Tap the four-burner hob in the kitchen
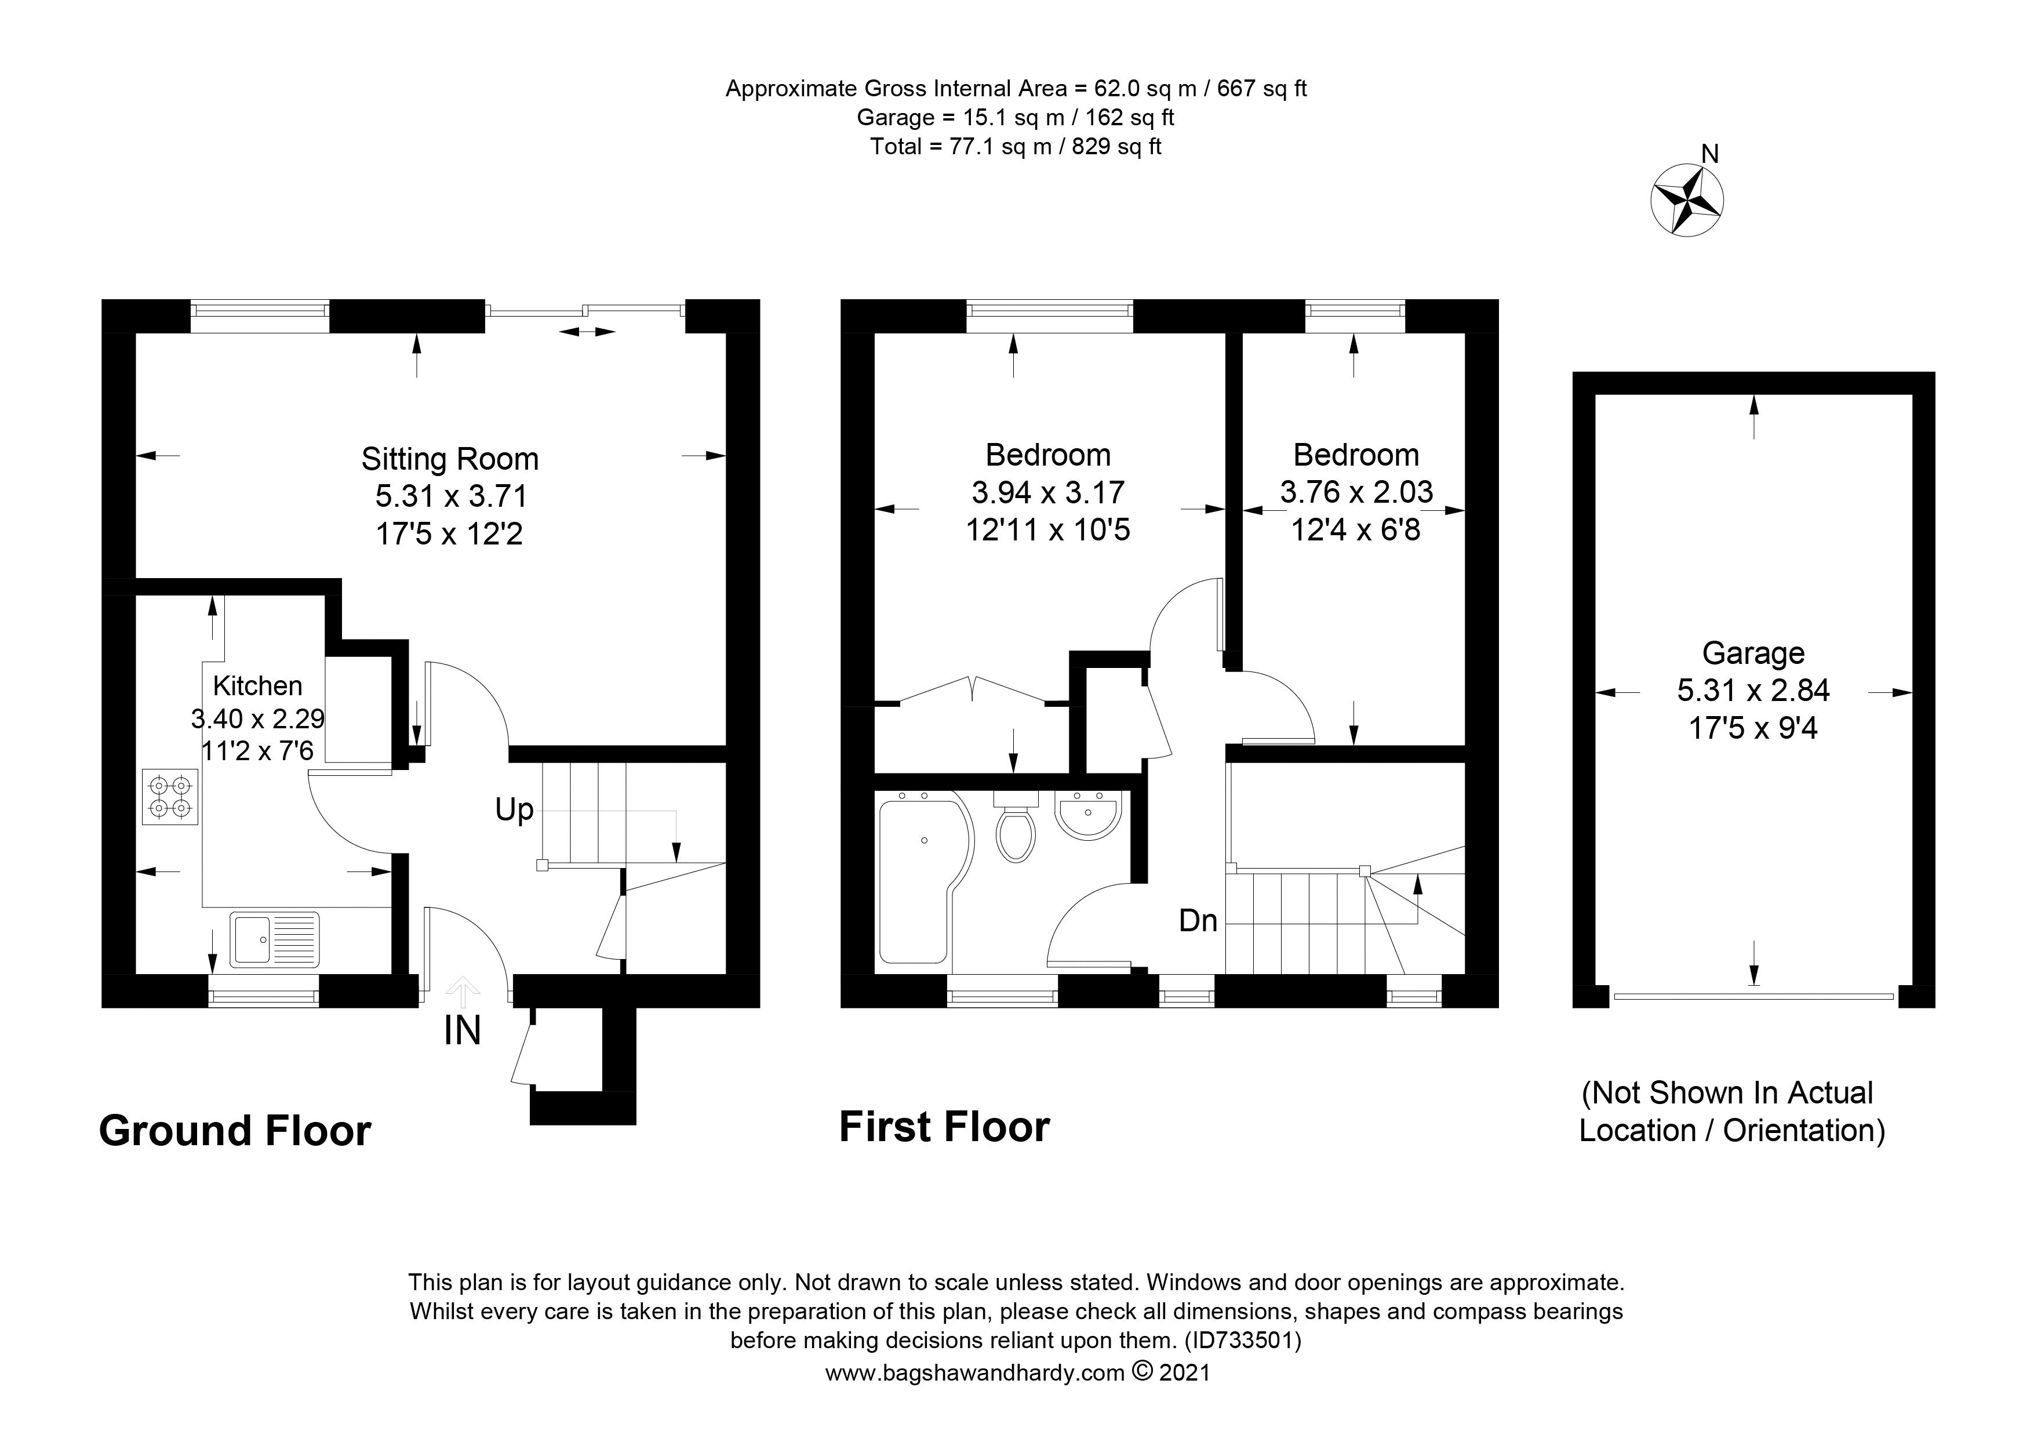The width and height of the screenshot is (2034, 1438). click(170, 797)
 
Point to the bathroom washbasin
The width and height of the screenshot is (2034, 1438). click(1089, 814)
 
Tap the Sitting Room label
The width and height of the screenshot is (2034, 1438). click(450, 459)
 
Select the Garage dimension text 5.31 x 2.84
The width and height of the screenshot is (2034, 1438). click(1753, 690)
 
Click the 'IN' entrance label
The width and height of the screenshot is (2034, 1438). click(463, 1030)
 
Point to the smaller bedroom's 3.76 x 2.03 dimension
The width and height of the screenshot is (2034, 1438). click(1356, 492)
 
